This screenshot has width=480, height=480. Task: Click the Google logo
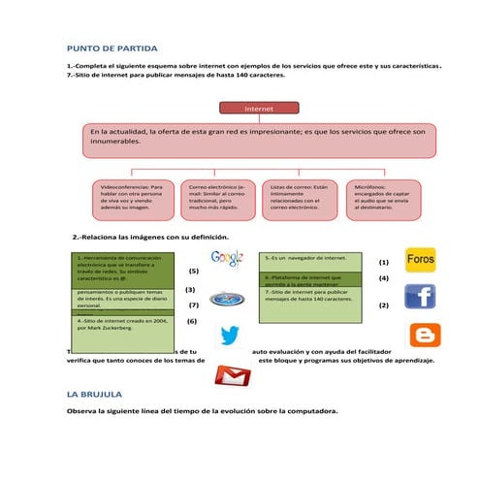(x=226, y=257)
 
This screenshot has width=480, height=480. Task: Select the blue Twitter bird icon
(x=229, y=336)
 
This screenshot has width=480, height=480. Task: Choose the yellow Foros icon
(x=420, y=260)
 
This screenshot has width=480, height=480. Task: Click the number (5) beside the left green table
(x=193, y=272)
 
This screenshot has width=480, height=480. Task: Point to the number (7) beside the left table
(x=193, y=305)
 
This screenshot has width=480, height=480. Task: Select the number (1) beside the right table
(x=383, y=262)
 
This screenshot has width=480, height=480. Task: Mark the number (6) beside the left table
(x=192, y=320)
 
